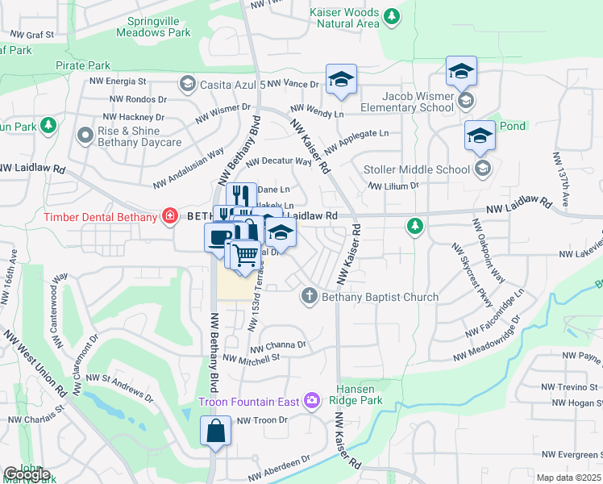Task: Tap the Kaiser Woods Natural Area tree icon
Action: [x=392, y=15]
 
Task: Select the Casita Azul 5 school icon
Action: [x=187, y=83]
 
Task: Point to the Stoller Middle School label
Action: [x=416, y=169]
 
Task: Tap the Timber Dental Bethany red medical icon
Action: [x=170, y=215]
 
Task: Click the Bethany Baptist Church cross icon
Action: [x=308, y=296]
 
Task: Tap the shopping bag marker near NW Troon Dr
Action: [x=216, y=430]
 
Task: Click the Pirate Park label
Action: [x=83, y=65]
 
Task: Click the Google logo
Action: [x=27, y=474]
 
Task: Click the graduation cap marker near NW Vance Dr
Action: [x=341, y=79]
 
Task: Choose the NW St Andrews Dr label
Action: [x=119, y=386]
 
